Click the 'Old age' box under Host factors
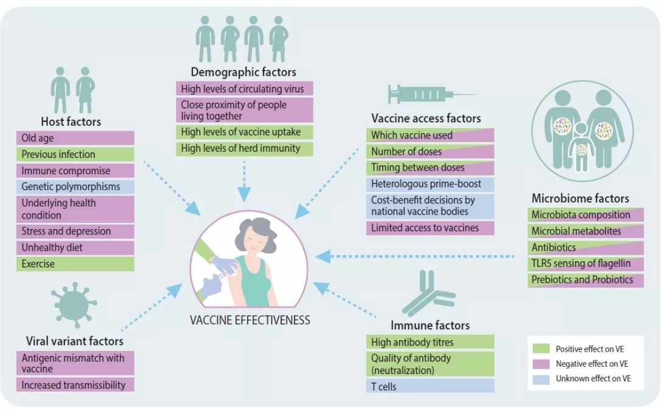(75, 138)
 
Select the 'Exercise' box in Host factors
(75, 264)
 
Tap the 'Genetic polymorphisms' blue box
(75, 186)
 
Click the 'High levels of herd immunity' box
(244, 148)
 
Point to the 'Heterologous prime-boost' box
(430, 184)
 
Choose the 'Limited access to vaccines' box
(430, 228)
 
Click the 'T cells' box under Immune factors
(430, 386)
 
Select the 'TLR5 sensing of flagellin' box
(585, 264)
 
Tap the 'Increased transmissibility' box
(75, 385)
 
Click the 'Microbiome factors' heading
(580, 198)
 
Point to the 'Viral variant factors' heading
(75, 341)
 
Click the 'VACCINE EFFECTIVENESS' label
(250, 320)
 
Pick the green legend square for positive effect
(541, 349)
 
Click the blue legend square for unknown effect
(541, 378)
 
